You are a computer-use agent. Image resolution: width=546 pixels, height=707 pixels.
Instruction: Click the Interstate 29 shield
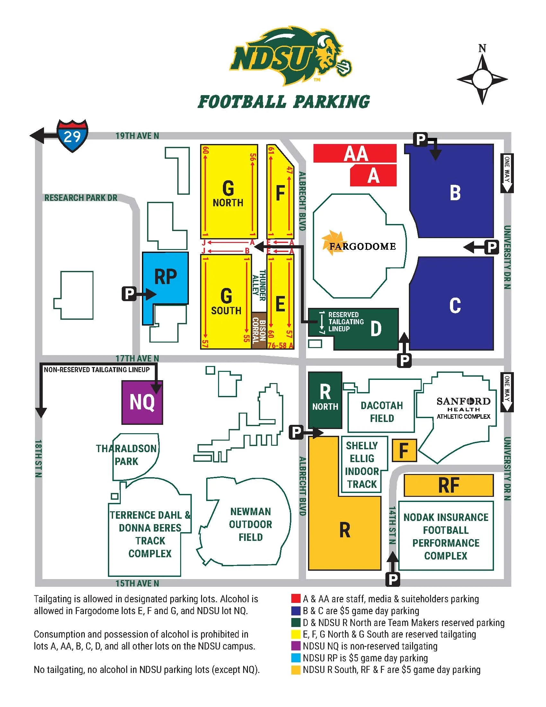pyautogui.click(x=72, y=136)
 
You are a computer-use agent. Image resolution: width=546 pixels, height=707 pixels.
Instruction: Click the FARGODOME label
pyautogui.click(x=362, y=246)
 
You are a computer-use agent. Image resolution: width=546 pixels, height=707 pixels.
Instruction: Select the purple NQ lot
pyautogui.click(x=142, y=402)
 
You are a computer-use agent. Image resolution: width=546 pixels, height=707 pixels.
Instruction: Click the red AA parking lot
pyautogui.click(x=355, y=153)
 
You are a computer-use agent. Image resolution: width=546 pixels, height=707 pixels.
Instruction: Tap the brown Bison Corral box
pyautogui.click(x=259, y=330)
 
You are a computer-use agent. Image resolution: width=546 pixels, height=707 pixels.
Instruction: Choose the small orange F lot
pyautogui.click(x=404, y=450)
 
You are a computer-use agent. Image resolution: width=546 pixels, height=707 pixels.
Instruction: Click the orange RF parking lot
pyautogui.click(x=448, y=485)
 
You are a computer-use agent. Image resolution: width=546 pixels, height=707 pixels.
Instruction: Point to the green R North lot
pyautogui.click(x=325, y=399)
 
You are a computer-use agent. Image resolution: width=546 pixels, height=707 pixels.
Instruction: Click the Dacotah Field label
pyautogui.click(x=382, y=412)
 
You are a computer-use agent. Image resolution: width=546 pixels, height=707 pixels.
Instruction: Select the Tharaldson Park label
pyautogui.click(x=127, y=455)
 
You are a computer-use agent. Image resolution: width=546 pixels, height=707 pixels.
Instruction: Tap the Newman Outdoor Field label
pyautogui.click(x=251, y=524)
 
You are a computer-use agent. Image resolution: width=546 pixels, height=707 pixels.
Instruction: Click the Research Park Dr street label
pyautogui.click(x=81, y=197)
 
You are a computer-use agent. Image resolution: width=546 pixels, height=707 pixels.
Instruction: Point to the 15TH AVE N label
pyautogui.click(x=137, y=583)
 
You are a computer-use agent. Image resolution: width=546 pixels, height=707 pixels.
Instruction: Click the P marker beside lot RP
pyautogui.click(x=129, y=294)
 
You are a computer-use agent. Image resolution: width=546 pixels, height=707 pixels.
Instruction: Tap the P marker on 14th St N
pyautogui.click(x=393, y=579)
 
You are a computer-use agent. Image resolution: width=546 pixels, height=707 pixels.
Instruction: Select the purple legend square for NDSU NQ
pyautogui.click(x=295, y=646)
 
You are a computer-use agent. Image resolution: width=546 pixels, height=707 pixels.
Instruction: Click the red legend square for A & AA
pyautogui.click(x=295, y=599)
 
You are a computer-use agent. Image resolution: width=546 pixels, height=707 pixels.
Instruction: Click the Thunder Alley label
pyautogui.click(x=259, y=285)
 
